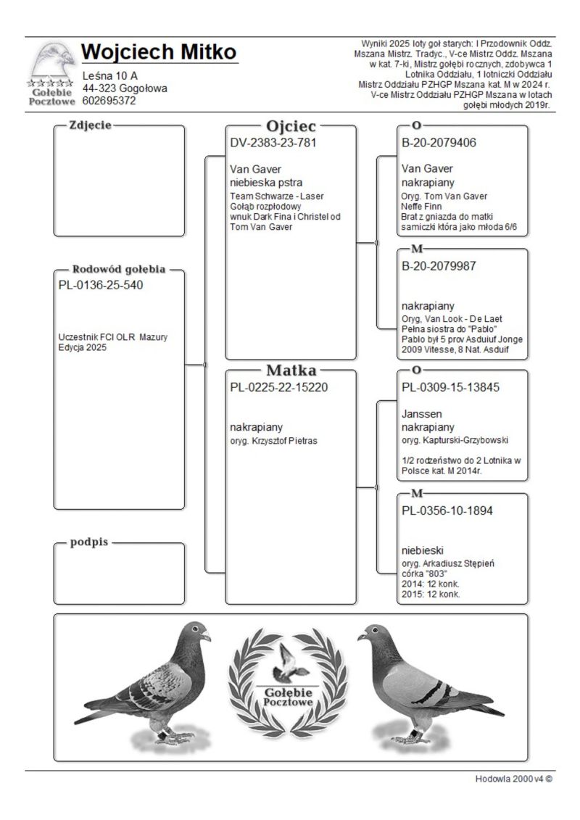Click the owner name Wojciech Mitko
click(159, 53)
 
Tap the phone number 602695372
click(109, 102)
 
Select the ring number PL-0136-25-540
click(101, 285)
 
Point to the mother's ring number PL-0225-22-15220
click(279, 387)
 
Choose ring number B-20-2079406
click(439, 142)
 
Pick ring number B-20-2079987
click(439, 266)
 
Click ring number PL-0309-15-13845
click(450, 387)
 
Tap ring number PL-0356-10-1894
click(447, 510)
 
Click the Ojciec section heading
click(291, 125)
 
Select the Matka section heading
click(291, 370)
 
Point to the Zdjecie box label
click(89, 125)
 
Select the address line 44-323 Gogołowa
click(125, 88)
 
